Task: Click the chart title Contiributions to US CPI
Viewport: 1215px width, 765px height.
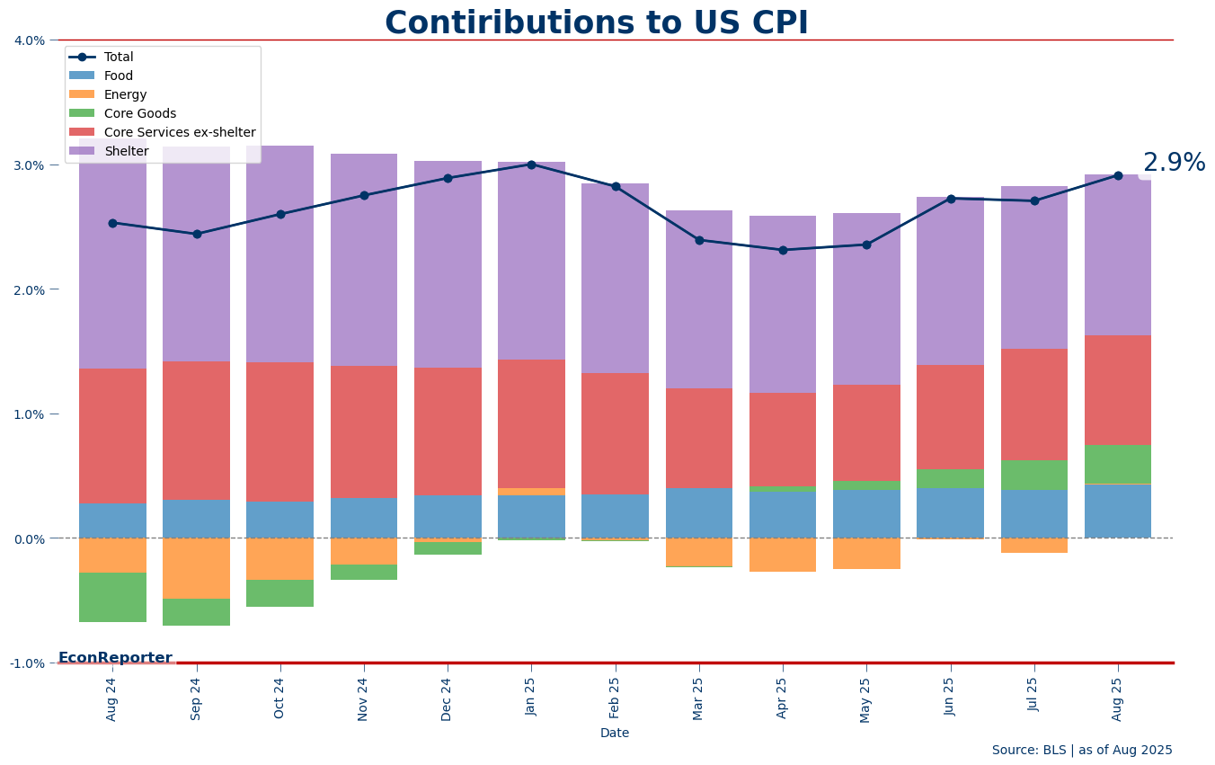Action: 597,23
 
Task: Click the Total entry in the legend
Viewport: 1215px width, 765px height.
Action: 119,58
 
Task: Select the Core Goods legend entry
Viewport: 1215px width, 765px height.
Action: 139,114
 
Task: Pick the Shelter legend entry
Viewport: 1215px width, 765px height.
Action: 126,152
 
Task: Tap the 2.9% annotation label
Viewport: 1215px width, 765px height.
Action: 1174,164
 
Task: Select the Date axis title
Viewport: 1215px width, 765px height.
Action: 615,734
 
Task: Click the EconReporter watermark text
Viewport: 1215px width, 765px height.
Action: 115,658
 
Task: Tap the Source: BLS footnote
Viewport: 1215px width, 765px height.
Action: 1082,751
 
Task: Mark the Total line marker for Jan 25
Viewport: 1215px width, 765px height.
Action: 531,165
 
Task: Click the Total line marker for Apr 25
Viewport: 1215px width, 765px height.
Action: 783,250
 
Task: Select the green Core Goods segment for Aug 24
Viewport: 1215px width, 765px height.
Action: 112,598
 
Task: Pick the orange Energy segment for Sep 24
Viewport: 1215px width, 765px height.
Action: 196,568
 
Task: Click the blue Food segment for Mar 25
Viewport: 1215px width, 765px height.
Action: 699,513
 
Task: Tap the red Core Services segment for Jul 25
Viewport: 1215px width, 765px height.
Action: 1034,405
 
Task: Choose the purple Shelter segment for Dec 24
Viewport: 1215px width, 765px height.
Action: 448,264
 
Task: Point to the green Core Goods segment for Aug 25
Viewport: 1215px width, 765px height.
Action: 1118,464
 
